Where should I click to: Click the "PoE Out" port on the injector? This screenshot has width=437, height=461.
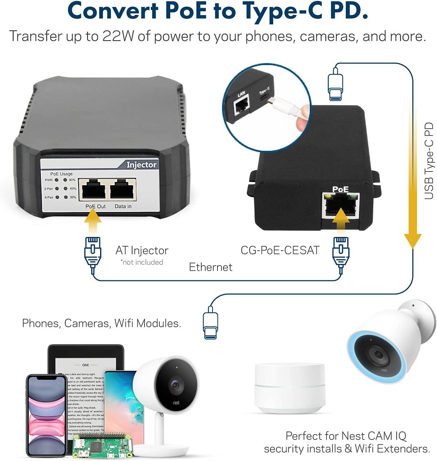coord(93,190)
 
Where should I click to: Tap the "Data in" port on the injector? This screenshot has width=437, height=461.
coord(123,190)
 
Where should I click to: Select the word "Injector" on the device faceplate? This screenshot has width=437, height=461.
coord(141,165)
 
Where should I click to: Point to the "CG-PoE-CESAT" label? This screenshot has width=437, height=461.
coord(280,250)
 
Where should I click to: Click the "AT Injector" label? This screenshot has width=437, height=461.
coord(142,250)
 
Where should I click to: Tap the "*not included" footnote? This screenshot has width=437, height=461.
coord(142,262)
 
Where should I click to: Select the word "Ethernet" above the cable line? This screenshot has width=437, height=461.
coord(210,267)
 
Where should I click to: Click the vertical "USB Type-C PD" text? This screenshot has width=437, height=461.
coord(429,161)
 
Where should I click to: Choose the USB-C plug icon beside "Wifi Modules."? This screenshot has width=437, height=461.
coord(210,323)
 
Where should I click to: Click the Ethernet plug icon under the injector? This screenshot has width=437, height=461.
coord(93,252)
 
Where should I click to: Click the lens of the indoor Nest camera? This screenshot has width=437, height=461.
coord(175,384)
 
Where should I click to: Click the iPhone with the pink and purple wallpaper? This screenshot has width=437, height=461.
coord(47,416)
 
